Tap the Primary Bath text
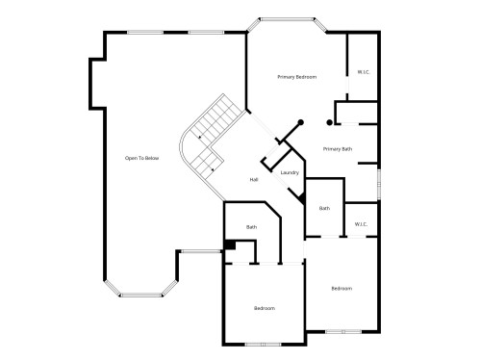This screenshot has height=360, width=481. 338,149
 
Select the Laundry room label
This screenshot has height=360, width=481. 290,173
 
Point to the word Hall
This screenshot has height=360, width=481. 254,180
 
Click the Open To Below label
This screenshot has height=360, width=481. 141,157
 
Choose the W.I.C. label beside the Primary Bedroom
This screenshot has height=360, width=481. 363,72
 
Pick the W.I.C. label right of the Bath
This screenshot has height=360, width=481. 362,224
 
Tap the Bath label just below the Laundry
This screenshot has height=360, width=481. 325,209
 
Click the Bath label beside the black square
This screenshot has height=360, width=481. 251,227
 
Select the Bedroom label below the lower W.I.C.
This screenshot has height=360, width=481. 342,289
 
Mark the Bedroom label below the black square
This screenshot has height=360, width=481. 265,308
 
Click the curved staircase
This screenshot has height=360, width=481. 210,135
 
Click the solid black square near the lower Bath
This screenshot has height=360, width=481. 230,244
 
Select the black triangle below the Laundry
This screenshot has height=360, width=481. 302,195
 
